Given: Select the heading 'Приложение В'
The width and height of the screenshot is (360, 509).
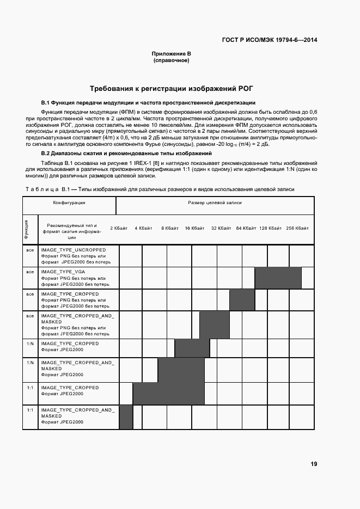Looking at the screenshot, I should coord(171,54).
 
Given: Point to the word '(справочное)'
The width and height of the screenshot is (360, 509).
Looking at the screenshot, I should coord(171,60).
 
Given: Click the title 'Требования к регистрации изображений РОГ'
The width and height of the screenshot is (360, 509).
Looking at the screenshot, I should coord(172,88).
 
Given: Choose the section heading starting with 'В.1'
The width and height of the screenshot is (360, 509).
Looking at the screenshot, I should coord(148,103).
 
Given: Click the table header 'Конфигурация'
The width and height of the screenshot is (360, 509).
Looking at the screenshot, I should coord(69,202).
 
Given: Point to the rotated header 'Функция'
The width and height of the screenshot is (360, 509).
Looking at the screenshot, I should coord(27,229).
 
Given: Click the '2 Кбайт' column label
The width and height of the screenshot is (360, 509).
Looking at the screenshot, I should coord(119,228).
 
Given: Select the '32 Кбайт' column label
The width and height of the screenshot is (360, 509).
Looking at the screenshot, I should coord(221,228).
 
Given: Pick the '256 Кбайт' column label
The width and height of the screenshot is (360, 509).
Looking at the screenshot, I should coord(297,228).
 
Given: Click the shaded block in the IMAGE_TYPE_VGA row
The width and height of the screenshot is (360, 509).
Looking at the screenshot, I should coord(278,278).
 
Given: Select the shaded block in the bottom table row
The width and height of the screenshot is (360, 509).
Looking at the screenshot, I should coord(126,417).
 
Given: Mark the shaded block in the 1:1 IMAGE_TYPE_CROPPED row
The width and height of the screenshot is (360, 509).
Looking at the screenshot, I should coord(168,394).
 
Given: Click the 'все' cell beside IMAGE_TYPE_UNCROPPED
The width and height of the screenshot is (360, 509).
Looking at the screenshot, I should coord(30,250).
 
